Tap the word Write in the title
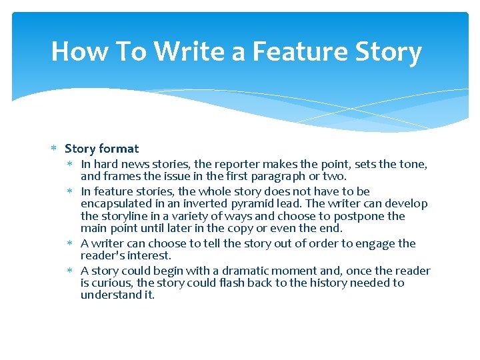(189, 51)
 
